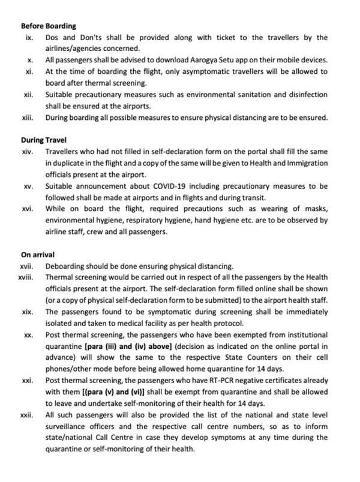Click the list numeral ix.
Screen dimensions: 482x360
(x=28, y=38)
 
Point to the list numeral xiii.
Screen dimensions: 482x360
(x=27, y=118)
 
